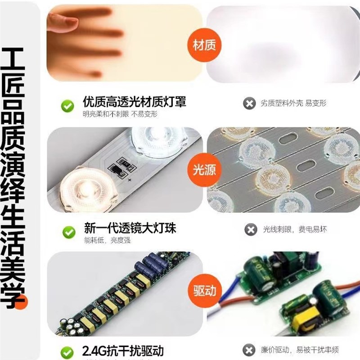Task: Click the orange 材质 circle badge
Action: (204, 45)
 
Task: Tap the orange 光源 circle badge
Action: (204, 169)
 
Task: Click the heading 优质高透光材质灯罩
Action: (134, 102)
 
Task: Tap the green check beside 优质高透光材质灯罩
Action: (68, 107)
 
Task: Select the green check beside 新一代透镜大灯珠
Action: (68, 232)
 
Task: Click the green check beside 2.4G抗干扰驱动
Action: (68, 351)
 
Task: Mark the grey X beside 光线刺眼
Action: (250, 229)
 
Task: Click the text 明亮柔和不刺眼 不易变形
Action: (120, 114)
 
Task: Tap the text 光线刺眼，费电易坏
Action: (295, 229)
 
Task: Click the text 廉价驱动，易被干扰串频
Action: (300, 350)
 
